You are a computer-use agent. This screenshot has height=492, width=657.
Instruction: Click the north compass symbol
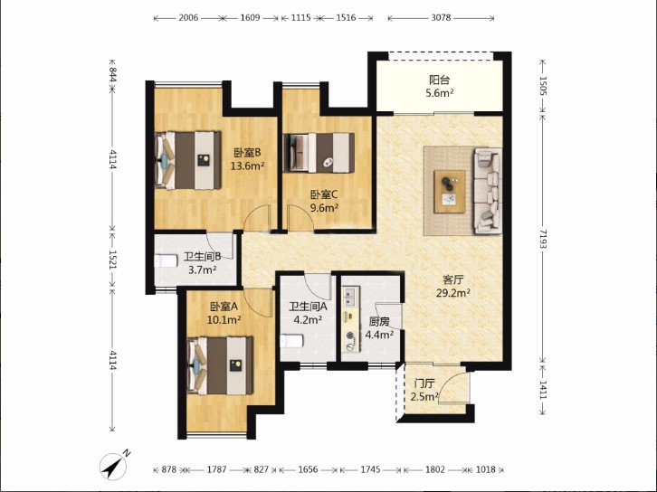tap(114, 465)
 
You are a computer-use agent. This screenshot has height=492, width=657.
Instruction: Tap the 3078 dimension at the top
tap(441, 17)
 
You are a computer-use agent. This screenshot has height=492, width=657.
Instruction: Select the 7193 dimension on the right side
tap(543, 239)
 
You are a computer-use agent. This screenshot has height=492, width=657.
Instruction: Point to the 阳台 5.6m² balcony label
tap(440, 86)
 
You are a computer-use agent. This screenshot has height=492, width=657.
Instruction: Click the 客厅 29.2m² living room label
tap(453, 286)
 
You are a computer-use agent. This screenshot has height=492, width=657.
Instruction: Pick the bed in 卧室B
tap(187, 160)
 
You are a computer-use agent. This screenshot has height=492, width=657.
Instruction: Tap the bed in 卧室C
tap(319, 153)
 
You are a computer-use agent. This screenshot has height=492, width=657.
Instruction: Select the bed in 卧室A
tap(220, 365)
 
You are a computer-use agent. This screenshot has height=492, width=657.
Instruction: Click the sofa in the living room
tap(488, 190)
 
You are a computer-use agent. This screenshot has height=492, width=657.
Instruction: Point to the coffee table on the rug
tap(450, 192)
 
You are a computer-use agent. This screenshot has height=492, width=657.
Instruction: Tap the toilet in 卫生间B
tap(166, 260)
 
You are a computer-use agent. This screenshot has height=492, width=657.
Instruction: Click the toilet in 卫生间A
tap(291, 341)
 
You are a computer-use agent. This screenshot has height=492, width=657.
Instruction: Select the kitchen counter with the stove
tap(351, 318)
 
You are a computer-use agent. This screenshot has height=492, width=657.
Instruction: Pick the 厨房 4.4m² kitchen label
tap(379, 328)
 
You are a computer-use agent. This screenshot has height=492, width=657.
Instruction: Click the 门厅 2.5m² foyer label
tap(424, 390)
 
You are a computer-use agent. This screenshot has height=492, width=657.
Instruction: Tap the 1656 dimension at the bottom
tap(308, 469)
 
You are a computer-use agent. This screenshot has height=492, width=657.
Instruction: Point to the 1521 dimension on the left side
tap(112, 260)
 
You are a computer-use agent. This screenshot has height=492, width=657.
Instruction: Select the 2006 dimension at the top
tap(188, 17)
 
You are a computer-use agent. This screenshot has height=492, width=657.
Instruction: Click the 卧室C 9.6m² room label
tap(324, 201)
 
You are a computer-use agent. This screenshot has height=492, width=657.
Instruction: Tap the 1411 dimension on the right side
tap(543, 390)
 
